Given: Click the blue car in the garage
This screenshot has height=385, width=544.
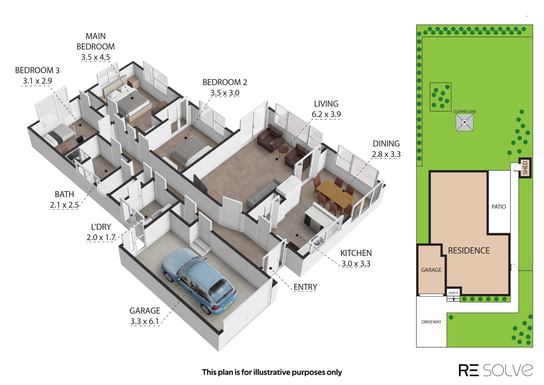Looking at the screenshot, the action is tap(199, 281).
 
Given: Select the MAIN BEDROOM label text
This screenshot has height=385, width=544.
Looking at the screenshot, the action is tap(96, 41).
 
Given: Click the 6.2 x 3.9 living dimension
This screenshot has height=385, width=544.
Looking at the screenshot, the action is tap(326, 114).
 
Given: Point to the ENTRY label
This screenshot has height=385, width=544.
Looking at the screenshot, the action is tap(305, 287).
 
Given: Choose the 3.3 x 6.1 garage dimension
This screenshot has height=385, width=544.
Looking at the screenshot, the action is tap(144, 321).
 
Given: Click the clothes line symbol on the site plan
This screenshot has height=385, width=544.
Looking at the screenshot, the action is tap(464, 122).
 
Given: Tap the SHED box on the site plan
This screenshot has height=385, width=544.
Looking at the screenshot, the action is tap(525, 168).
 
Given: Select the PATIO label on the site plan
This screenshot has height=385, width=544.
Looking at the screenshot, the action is tap(499, 207).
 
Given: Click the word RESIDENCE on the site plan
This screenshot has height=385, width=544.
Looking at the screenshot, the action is tap(469, 250).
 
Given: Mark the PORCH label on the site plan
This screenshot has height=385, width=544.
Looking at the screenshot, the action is tap(453, 293).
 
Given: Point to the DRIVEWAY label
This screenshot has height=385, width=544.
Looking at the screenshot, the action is tap(431, 322).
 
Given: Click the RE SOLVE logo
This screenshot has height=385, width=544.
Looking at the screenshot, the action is tap(496, 370).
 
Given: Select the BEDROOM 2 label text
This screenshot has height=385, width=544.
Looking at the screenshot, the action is tap(225, 82).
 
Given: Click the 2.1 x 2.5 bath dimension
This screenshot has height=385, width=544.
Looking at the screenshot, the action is tap(64, 205).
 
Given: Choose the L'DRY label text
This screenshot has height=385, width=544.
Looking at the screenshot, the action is tap(101, 227).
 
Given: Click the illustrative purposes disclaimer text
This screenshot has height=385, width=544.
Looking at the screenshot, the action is tap(272, 372).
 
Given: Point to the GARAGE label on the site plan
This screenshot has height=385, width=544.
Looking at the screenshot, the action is tap(431, 270).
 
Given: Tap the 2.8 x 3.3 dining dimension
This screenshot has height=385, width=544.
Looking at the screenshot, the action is tap(386, 154).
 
